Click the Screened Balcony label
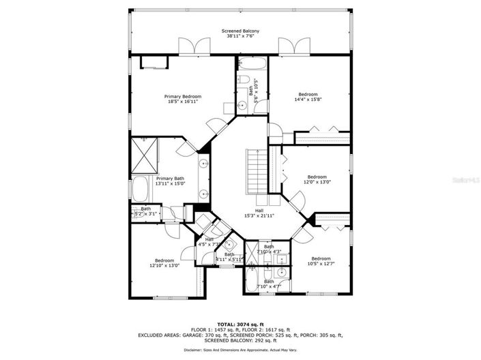[240, 31]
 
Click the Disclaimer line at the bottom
[240, 350]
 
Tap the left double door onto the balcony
[190, 46]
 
